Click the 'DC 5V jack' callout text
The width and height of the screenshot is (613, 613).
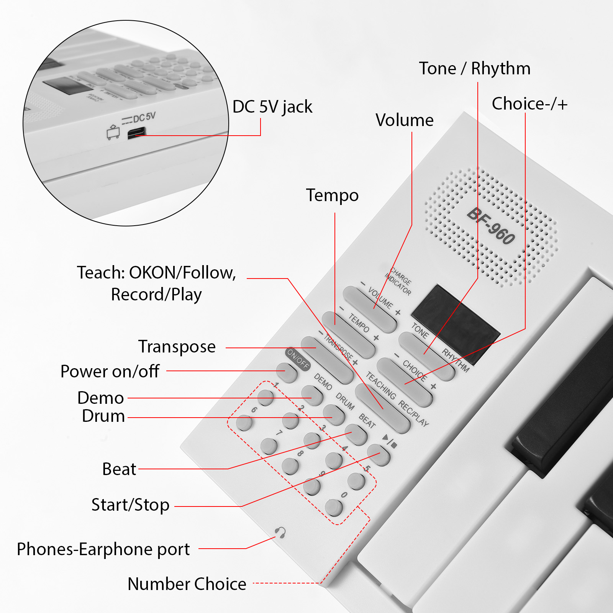(272, 107)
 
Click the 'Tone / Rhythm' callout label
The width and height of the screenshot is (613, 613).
(475, 69)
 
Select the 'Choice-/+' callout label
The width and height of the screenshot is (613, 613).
(529, 104)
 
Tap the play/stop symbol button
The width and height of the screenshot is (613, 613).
(379, 455)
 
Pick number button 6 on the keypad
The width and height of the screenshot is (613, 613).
(244, 423)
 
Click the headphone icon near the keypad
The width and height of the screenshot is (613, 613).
(280, 533)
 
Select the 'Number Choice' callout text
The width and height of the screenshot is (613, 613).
(187, 584)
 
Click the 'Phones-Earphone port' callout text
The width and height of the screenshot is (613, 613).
(103, 549)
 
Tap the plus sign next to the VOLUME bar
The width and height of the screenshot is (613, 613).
(398, 313)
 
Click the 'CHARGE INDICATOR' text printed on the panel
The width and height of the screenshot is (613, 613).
(398, 281)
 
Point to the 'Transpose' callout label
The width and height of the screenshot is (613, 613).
(177, 347)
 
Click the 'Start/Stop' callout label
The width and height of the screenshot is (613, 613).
(130, 505)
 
